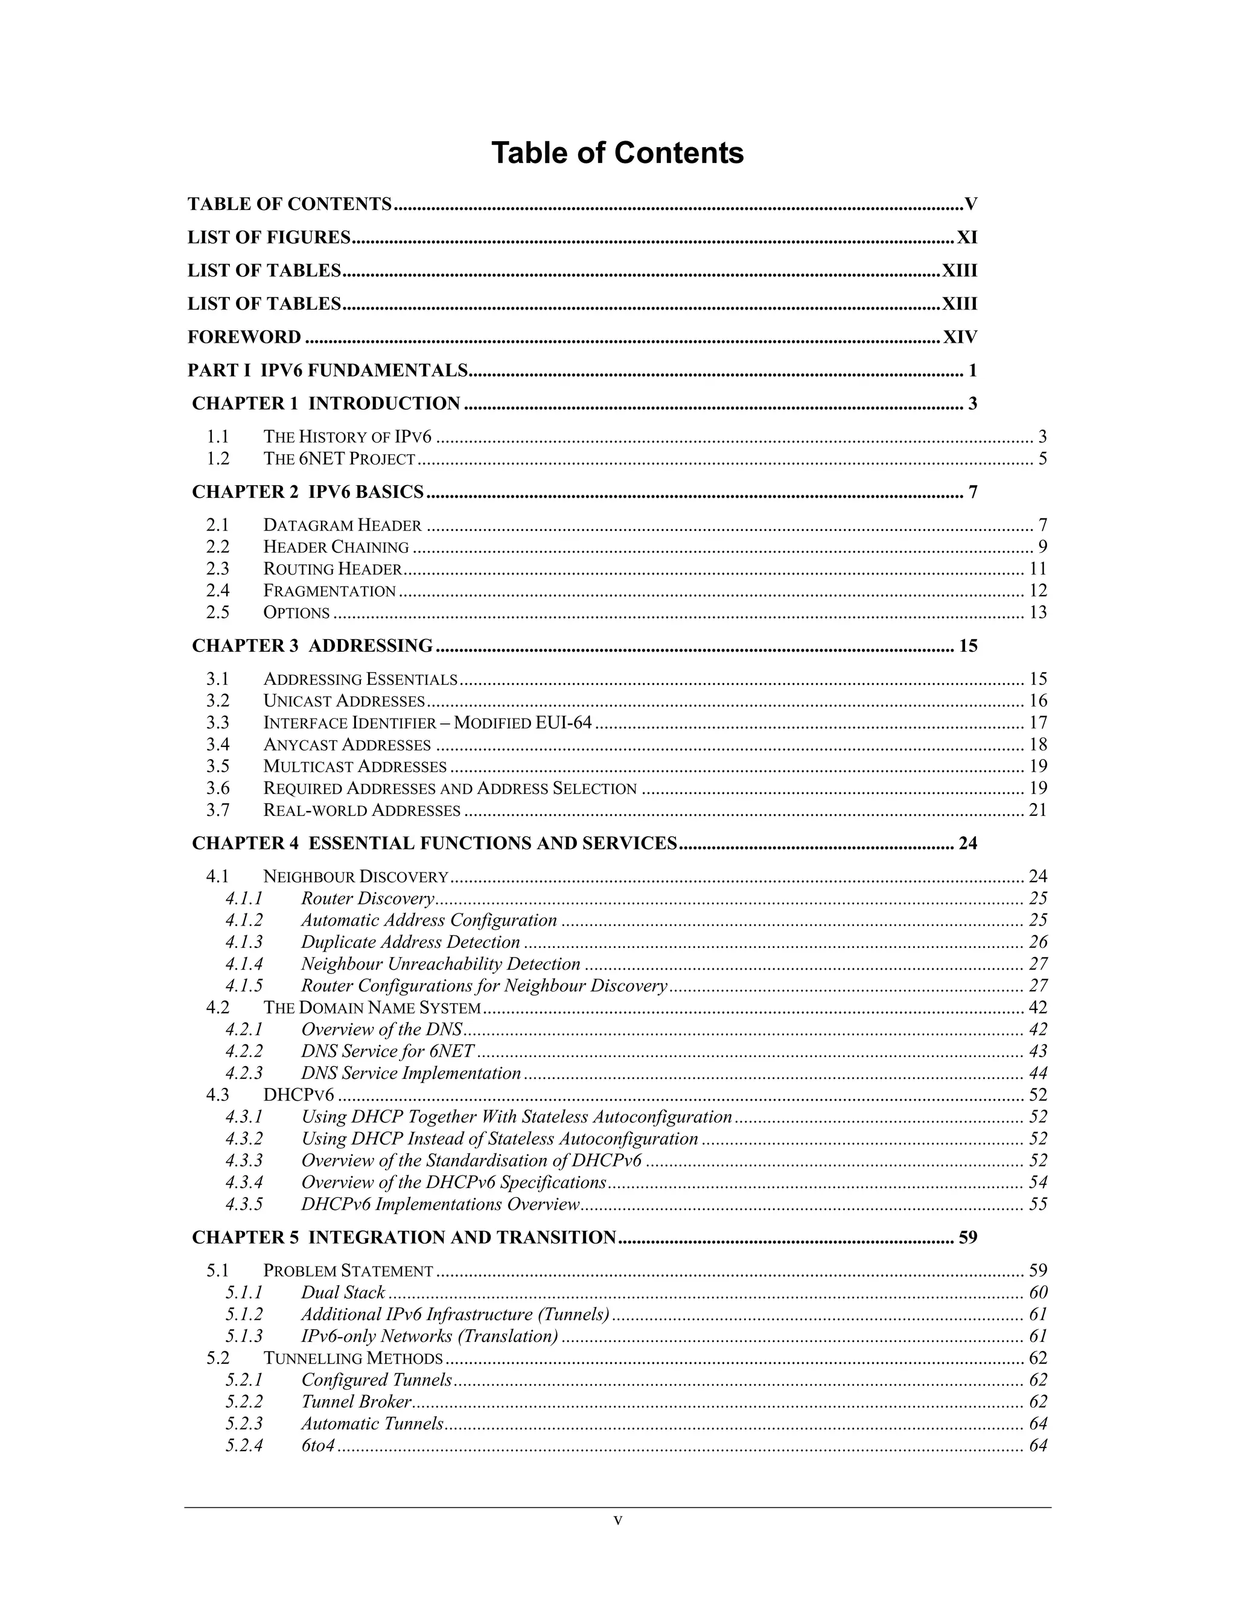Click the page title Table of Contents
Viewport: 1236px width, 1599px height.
click(617, 153)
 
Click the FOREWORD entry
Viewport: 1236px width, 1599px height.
click(244, 337)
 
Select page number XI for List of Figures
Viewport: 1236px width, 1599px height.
click(967, 237)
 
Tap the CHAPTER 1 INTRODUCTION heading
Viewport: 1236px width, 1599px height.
click(326, 404)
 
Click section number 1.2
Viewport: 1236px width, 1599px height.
click(217, 459)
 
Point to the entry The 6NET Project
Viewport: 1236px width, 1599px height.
click(339, 459)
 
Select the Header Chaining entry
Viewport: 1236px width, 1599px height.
click(336, 547)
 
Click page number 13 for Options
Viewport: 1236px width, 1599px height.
click(1037, 612)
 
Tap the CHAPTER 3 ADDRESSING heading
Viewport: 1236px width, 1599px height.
click(312, 646)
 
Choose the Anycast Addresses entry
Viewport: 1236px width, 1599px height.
click(346, 745)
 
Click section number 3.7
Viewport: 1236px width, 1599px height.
click(217, 810)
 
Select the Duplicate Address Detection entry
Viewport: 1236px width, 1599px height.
click(410, 943)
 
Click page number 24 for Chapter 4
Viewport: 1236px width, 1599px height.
click(967, 844)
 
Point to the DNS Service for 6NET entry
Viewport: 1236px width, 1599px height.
click(387, 1051)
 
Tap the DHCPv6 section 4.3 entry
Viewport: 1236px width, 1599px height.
click(298, 1095)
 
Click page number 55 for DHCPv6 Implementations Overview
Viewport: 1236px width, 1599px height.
click(1037, 1204)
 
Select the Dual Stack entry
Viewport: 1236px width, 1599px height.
click(343, 1292)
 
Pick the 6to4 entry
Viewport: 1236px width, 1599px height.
click(317, 1445)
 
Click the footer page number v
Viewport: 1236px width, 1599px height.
click(617, 1521)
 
